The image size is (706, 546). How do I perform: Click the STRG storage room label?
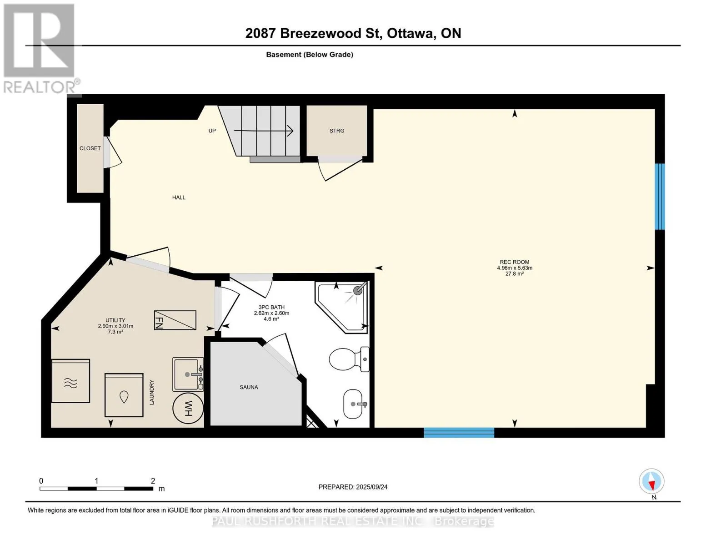336,131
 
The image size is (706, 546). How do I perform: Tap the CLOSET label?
90,148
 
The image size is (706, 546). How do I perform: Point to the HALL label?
179,197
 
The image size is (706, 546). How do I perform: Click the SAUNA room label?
249,387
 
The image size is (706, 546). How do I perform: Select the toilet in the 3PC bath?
349,359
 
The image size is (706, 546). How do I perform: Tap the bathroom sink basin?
354,404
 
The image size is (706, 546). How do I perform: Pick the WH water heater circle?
188,408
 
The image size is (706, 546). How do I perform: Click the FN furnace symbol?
175,320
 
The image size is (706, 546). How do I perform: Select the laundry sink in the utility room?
188,374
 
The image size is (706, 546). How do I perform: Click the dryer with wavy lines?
70,381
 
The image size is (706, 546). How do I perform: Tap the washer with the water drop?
124,395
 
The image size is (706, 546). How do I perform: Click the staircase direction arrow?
264,131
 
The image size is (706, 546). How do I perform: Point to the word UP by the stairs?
212,131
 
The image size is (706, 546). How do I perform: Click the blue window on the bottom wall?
459,433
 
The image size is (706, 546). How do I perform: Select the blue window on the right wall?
660,197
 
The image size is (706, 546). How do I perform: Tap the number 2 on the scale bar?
153,480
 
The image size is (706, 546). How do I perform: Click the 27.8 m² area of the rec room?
514,274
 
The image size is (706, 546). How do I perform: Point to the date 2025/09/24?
372,487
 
